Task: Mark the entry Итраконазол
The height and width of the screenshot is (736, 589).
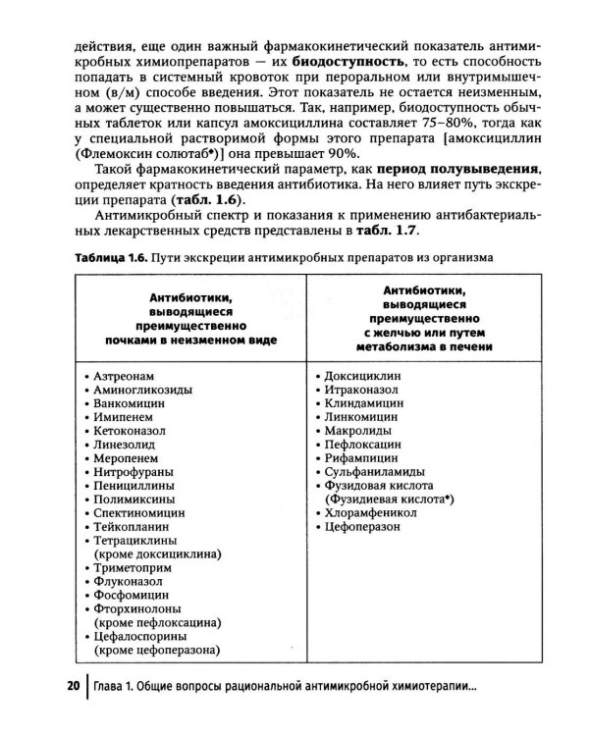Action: pos(365,390)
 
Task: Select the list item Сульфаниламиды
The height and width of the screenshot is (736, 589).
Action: pos(374,471)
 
